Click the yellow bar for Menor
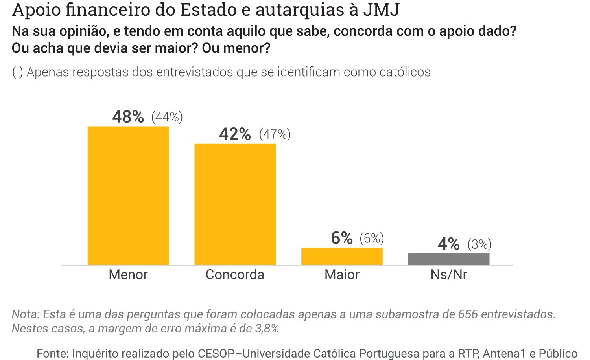(128, 195)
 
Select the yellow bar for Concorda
(235, 204)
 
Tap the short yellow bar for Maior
(342, 256)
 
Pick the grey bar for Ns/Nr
(449, 259)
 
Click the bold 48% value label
(128, 117)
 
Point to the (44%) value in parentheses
(167, 117)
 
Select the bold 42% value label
(235, 134)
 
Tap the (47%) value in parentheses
(275, 134)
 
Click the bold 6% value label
(342, 238)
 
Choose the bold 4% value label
(449, 244)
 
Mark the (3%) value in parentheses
(479, 244)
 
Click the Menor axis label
(128, 274)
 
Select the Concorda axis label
(235, 274)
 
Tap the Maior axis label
(342, 274)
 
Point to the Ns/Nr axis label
(449, 274)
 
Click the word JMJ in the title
(381, 10)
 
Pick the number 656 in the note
(468, 314)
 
